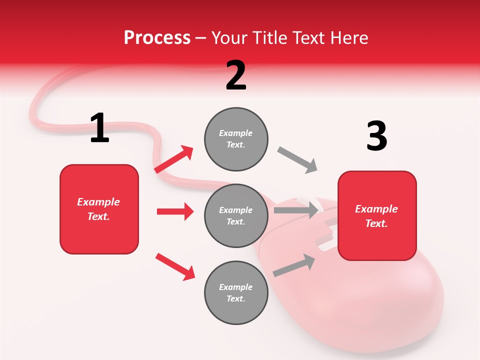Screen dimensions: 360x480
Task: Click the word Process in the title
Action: [x=157, y=37]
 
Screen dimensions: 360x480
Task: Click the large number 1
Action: [x=99, y=128]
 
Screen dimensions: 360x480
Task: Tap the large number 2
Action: [x=236, y=75]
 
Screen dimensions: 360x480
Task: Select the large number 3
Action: [x=376, y=136]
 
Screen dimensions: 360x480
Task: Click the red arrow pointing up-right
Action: [x=174, y=159]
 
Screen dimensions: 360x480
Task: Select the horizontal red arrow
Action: [x=175, y=211]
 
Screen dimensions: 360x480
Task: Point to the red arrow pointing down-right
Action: [x=175, y=266]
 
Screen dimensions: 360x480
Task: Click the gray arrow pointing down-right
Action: [x=297, y=159]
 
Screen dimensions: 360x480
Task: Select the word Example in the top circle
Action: [x=236, y=133]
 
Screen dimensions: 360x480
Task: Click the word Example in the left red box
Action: [x=98, y=202]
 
